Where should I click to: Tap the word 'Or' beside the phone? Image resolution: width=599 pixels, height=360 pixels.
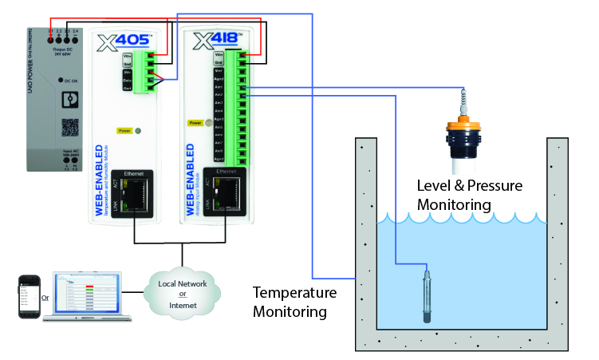[x=45, y=300]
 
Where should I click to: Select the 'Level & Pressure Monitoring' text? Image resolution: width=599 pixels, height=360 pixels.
[x=470, y=195]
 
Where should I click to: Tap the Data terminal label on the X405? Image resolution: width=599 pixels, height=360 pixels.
[x=127, y=80]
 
